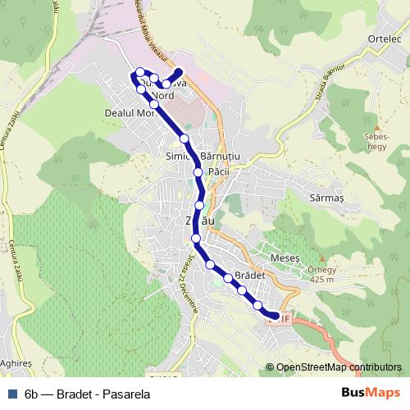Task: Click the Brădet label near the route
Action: (x=250, y=276)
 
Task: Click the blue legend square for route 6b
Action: (x=11, y=392)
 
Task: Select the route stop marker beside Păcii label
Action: (x=198, y=172)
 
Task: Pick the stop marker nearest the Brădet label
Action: (x=228, y=279)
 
